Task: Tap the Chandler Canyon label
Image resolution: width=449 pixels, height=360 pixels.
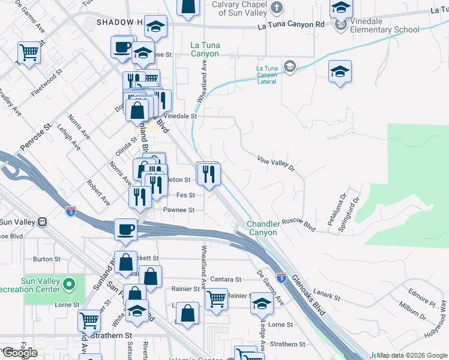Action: (x=262, y=228)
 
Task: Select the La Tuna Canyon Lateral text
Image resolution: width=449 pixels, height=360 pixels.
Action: (x=267, y=76)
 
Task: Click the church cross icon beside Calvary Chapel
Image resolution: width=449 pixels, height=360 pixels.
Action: (x=277, y=8)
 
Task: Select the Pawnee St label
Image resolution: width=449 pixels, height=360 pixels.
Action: (x=179, y=210)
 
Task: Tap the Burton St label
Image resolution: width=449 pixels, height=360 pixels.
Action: (x=44, y=259)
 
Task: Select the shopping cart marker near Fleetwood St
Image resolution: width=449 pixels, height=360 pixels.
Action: (x=28, y=53)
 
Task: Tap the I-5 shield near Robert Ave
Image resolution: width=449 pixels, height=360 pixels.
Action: (x=71, y=210)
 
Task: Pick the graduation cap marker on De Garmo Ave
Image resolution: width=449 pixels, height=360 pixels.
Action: (x=261, y=304)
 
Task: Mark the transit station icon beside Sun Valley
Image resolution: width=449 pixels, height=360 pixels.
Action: (x=42, y=221)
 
